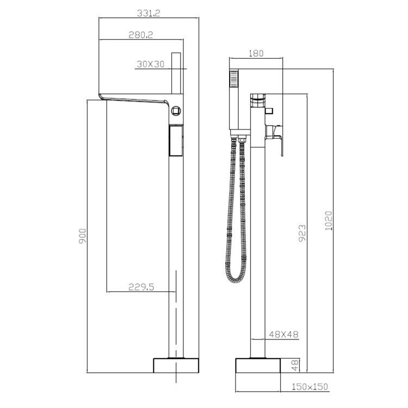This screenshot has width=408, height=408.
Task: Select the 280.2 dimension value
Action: pos(140,34)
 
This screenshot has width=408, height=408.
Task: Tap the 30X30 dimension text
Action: pos(151,64)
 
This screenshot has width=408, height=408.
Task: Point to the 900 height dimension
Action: pos(82,235)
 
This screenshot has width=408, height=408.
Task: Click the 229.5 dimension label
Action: pos(141,287)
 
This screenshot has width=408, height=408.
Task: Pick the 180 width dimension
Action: pos(256,53)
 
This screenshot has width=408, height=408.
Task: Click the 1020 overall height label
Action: pos(328,221)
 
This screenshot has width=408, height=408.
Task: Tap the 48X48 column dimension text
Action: pos(283,335)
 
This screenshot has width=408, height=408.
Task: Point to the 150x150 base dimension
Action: pos(310,387)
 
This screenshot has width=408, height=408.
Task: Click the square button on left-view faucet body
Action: pos(176,111)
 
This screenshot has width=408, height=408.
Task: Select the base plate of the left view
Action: pos(176,365)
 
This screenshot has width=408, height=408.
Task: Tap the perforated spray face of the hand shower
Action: pos(234,79)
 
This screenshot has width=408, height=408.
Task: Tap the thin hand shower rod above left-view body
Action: pos(176,73)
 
